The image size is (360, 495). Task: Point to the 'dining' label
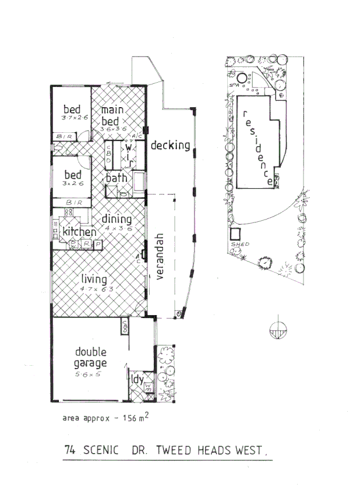point(117,219)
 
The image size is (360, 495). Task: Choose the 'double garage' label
point(90,358)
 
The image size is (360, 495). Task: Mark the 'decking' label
point(171,145)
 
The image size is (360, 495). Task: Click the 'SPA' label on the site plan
point(235,85)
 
